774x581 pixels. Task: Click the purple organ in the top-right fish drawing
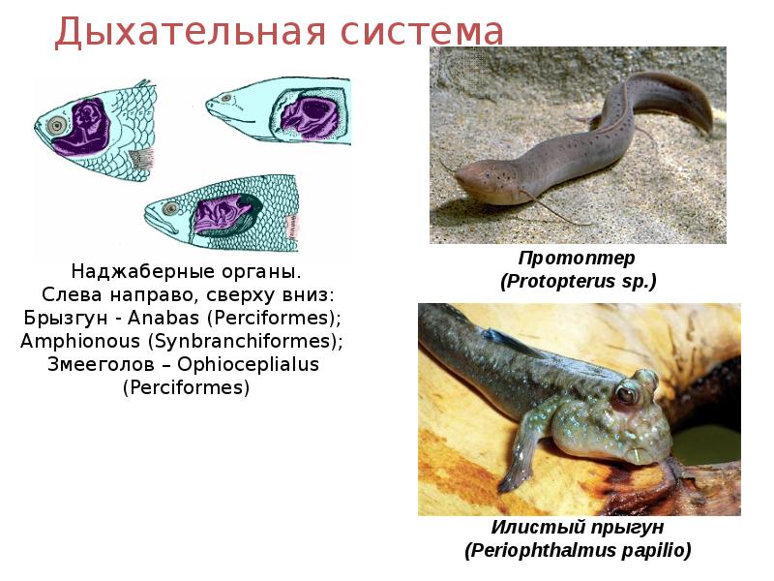(308, 112)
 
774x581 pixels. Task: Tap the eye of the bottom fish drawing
(171, 208)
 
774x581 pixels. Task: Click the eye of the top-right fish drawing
(225, 98)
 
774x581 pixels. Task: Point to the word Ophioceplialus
(249, 365)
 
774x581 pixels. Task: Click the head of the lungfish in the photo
(479, 177)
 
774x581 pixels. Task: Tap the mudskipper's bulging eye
(627, 394)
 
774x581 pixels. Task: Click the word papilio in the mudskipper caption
(657, 550)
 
